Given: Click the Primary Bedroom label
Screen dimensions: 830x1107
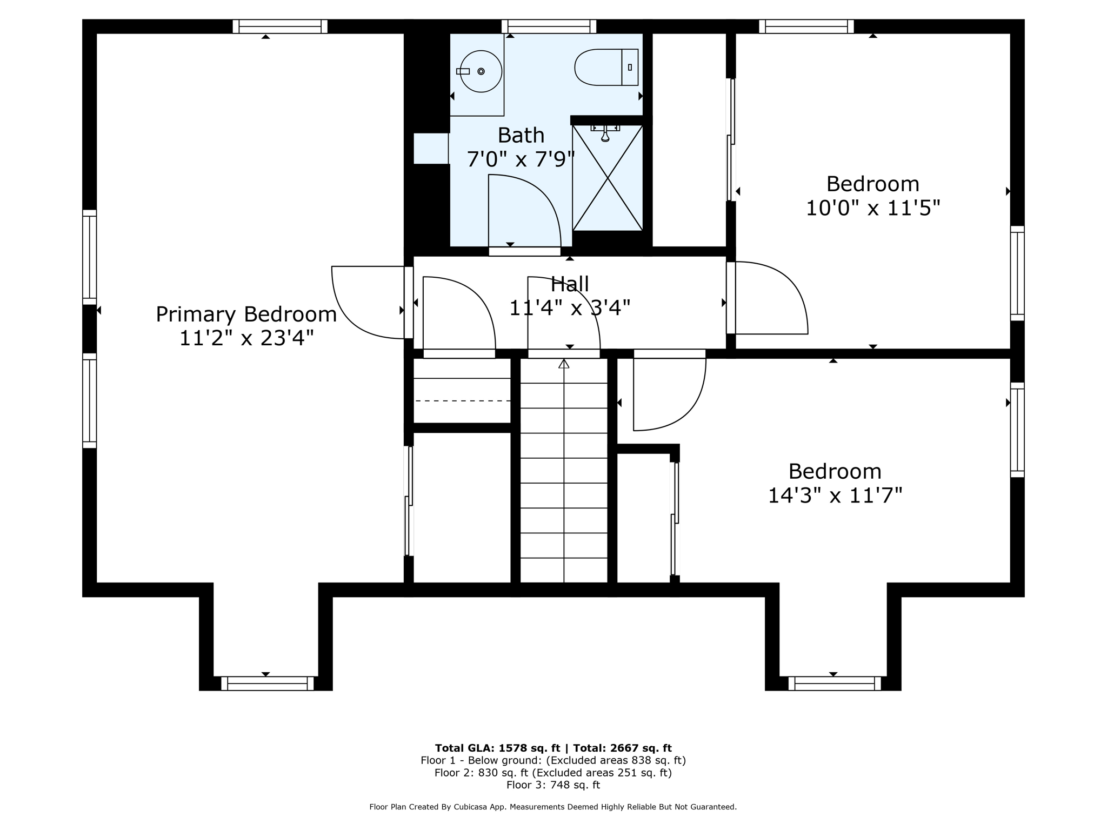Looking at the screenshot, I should [246, 314].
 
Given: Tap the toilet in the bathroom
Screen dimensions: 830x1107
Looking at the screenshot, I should [605, 68].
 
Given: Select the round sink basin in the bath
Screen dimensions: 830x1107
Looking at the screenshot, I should [481, 71].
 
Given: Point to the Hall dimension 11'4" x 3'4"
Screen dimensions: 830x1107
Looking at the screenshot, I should [570, 308].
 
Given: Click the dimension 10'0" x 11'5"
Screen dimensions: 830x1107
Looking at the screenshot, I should [872, 207].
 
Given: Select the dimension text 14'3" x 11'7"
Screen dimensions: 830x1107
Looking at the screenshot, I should [835, 495].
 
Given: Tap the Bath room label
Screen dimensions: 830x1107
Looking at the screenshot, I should [521, 135].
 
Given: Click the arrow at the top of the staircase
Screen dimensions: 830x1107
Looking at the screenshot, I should [564, 364].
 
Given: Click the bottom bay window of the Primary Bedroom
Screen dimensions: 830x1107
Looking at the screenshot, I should [267, 684].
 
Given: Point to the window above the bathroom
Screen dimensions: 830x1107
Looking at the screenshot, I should [548, 26].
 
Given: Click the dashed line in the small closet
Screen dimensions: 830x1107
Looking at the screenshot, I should [462, 401].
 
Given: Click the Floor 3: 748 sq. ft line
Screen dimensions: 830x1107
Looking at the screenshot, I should [553, 785].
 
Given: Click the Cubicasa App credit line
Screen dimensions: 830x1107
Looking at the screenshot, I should [553, 807].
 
